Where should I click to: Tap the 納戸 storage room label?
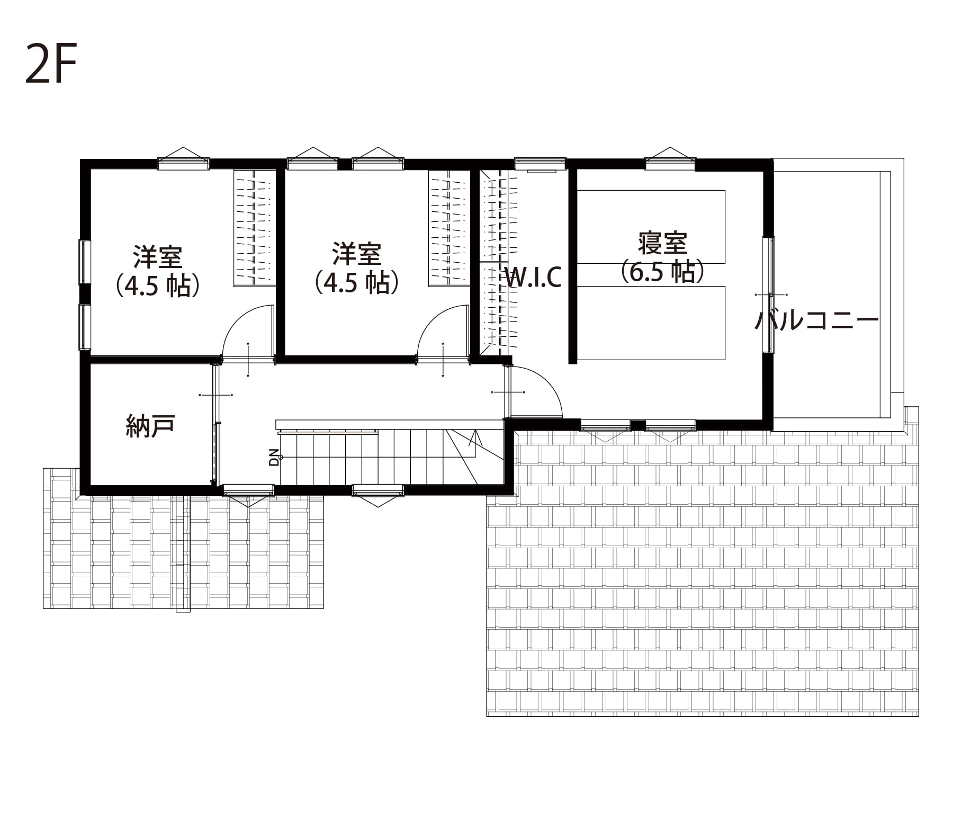[150, 425]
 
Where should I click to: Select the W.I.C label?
[533, 277]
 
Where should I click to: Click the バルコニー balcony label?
[816, 320]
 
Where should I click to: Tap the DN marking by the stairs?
[274, 457]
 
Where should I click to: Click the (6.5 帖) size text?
[662, 271]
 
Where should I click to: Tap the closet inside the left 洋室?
[255, 228]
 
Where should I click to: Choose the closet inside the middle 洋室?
[449, 228]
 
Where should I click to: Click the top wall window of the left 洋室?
[184, 160]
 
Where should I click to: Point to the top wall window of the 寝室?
[670, 160]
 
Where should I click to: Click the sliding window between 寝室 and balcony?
[768, 294]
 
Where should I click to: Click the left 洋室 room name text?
[158, 257]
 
